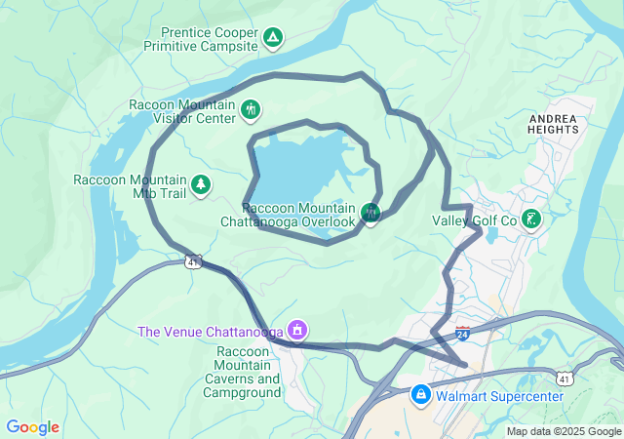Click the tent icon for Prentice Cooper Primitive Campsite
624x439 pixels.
pos(274,39)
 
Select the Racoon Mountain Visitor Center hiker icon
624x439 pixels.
pos(252,110)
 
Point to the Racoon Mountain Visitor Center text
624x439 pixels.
pos(182,111)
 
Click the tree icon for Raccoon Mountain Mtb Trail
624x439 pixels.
pos(201,184)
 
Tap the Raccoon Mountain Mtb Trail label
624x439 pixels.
pos(129,186)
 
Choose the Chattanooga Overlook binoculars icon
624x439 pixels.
pos(370,213)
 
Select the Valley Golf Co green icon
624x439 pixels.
pos(531,219)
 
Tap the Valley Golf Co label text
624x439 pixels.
pos(472,221)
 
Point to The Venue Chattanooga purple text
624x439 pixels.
pos(210,332)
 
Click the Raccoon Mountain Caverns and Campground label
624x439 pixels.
pos(241,372)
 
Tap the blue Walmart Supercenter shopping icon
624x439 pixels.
pos(420,395)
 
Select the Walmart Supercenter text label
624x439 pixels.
pos(499,396)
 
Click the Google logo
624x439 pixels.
pos(32,427)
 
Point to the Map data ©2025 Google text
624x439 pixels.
pos(563,431)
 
